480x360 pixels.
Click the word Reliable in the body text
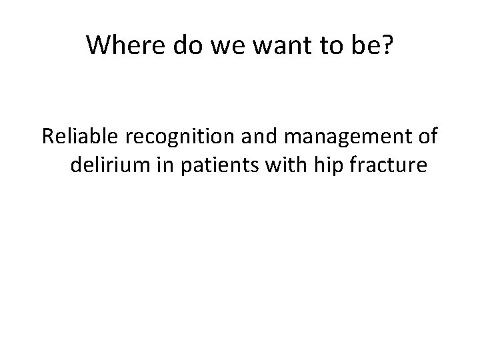click(79, 137)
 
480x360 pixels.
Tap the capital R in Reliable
click(47, 137)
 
